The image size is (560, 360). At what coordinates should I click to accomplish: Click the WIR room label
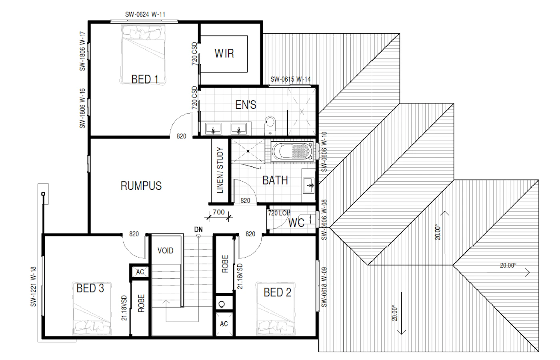click(224, 54)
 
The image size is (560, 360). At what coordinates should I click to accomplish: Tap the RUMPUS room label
click(141, 186)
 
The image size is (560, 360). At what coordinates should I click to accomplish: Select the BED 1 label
click(145, 79)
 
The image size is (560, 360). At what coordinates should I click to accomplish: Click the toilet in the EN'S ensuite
click(270, 125)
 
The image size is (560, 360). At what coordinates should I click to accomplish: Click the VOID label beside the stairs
click(165, 250)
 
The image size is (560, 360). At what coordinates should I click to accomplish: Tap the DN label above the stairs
click(198, 229)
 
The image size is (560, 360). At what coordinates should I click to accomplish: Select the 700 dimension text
click(218, 212)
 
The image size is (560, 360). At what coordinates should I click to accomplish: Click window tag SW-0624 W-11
click(145, 14)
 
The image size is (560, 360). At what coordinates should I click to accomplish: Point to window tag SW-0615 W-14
click(290, 79)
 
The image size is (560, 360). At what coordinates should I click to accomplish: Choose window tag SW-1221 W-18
click(33, 286)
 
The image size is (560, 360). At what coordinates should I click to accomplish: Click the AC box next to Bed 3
click(140, 272)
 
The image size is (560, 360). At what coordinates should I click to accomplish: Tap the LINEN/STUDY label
click(220, 170)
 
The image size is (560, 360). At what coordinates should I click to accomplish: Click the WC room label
click(296, 223)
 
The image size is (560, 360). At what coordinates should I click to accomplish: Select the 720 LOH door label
click(279, 213)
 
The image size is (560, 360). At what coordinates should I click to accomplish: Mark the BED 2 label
click(277, 292)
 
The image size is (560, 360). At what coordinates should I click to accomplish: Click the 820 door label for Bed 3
click(134, 234)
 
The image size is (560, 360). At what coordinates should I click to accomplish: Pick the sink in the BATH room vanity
click(309, 185)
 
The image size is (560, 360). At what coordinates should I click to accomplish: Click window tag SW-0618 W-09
click(324, 287)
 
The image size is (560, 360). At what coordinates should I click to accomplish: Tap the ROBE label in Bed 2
click(225, 264)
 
